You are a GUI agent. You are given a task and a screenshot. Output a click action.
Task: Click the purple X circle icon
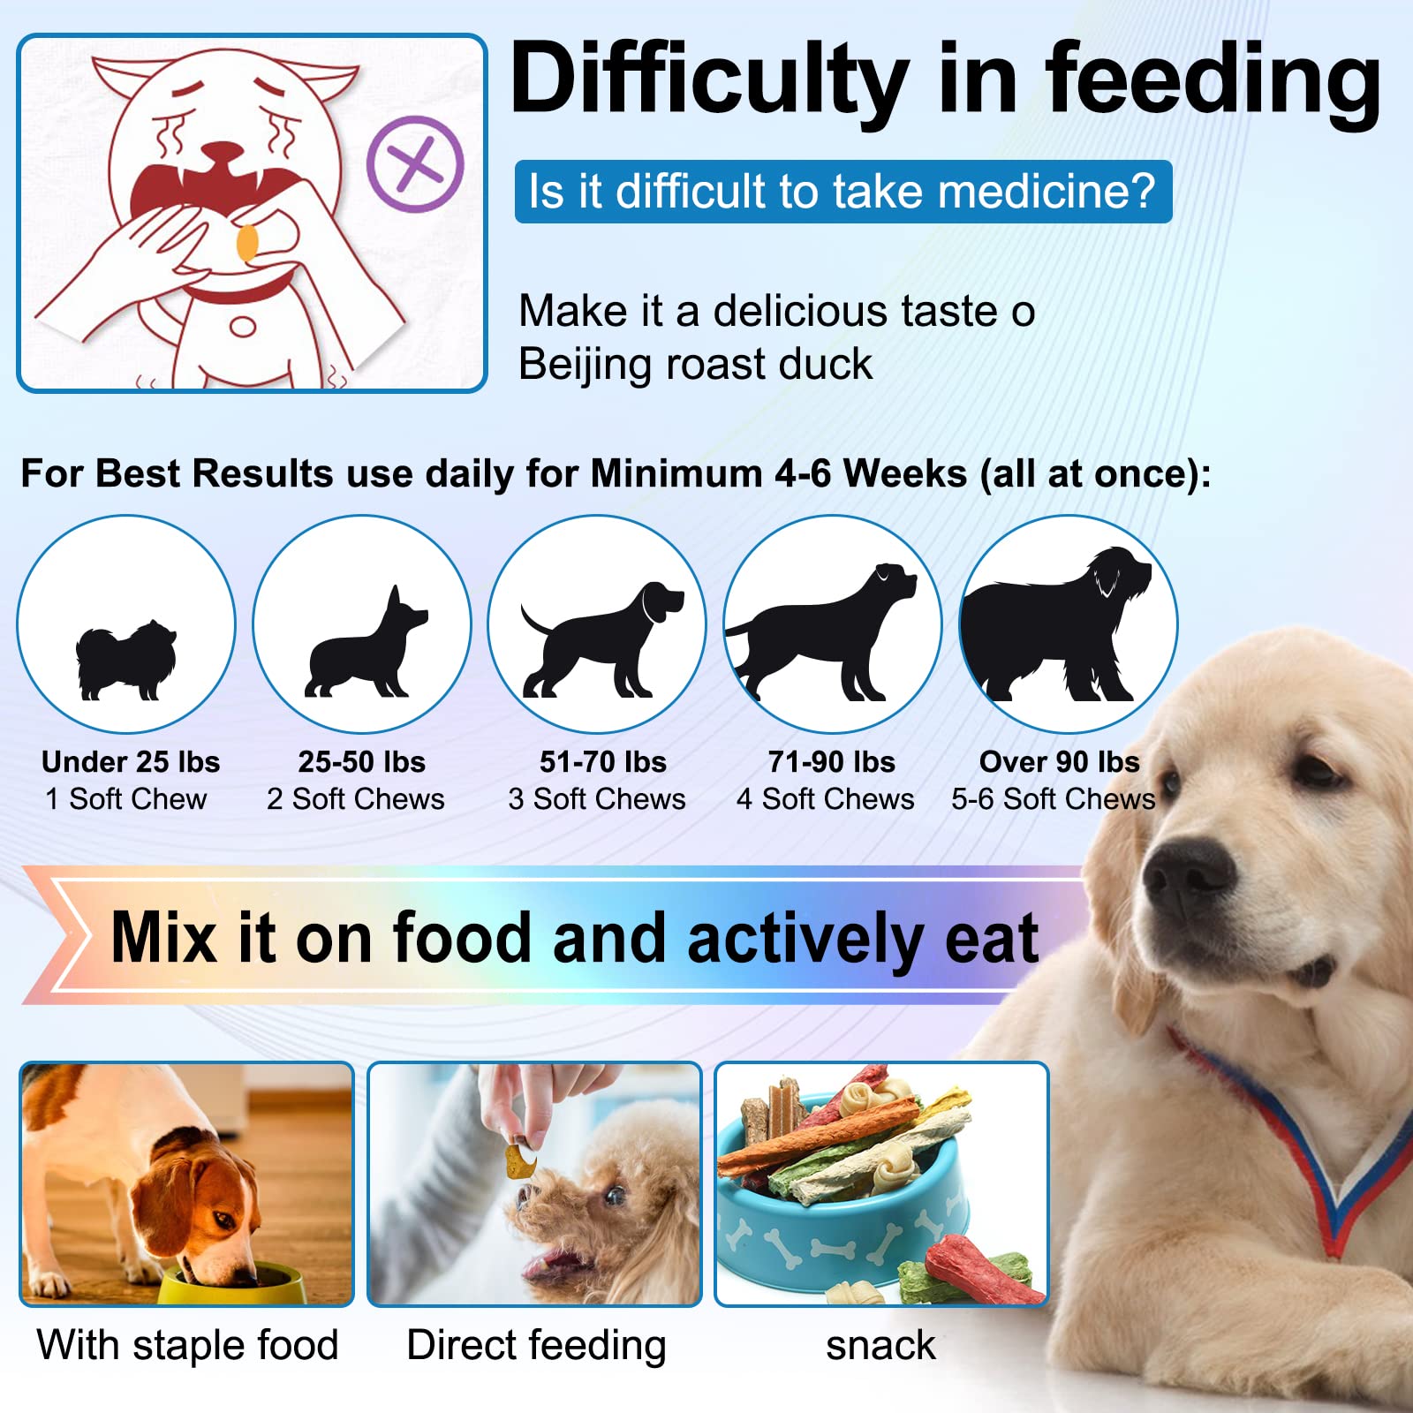point(415,163)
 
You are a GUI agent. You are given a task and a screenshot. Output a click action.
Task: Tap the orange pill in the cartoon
point(247,243)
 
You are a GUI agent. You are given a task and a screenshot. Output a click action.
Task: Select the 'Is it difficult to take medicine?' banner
point(843,192)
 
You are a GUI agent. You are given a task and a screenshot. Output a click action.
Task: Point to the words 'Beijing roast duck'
point(695,364)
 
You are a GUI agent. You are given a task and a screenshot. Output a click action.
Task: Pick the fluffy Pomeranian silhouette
point(126,660)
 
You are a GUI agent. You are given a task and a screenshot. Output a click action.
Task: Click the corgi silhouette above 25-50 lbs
point(366,647)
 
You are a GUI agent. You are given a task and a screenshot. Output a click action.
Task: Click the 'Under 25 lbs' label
point(131,761)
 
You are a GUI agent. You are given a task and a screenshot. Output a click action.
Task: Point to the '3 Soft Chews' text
point(597,799)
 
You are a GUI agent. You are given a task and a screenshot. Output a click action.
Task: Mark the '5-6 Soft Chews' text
point(1053,799)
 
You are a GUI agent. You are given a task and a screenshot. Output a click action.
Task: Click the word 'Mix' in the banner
point(164,938)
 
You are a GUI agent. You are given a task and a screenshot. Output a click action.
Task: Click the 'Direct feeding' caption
point(536,1345)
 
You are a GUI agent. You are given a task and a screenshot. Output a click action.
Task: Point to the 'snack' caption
point(880,1345)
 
